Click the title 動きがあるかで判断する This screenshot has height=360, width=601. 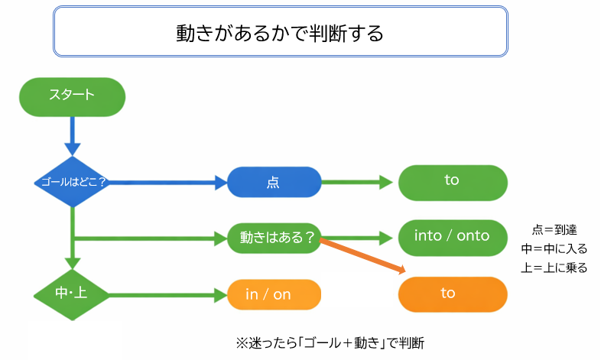tap(279, 34)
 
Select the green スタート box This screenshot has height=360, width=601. tap(72, 96)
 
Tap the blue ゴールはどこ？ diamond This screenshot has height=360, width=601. tap(72, 183)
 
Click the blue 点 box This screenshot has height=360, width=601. tap(274, 183)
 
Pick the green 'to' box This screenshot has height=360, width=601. tap(452, 181)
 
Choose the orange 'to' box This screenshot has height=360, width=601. tap(452, 294)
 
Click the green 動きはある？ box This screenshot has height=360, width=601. tap(274, 238)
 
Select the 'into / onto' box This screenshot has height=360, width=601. tap(452, 236)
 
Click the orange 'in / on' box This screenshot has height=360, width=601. tap(274, 294)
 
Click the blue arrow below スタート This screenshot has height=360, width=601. tap(72, 136)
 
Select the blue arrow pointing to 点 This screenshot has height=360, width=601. tap(168, 183)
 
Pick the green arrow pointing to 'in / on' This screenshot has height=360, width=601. tap(164, 294)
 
